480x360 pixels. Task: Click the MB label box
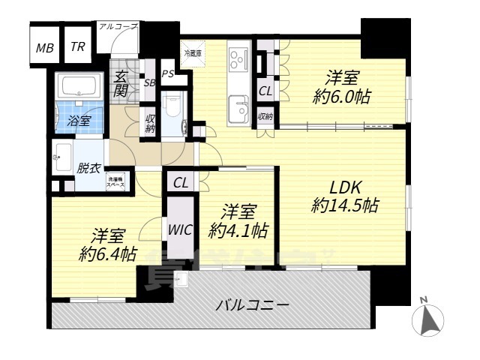(x=44, y=49)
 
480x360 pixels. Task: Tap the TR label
(x=77, y=47)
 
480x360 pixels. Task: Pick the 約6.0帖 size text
(x=341, y=96)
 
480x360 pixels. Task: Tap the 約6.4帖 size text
(x=108, y=253)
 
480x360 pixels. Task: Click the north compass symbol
(x=430, y=318)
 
